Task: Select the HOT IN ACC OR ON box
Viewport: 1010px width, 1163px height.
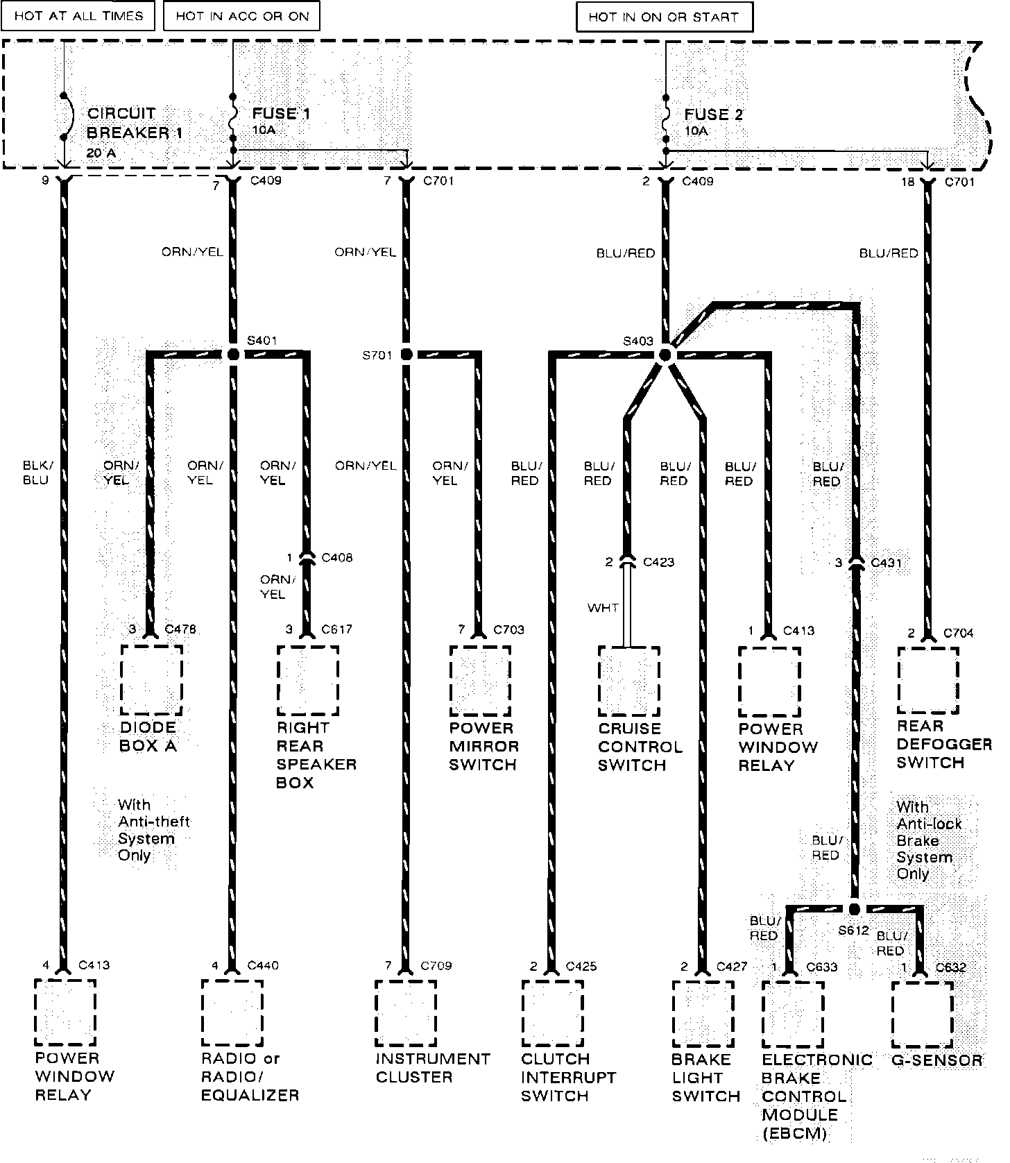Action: [x=241, y=16]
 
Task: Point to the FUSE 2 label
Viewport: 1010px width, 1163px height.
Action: [x=713, y=115]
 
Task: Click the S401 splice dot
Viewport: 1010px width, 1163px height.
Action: [x=233, y=355]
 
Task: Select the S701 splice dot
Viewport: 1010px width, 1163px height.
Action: [x=406, y=355]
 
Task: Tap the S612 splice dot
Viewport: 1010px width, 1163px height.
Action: [x=855, y=909]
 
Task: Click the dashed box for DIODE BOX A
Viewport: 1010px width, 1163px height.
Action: [x=152, y=680]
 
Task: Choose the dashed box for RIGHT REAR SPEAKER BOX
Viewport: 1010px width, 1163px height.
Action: [x=308, y=680]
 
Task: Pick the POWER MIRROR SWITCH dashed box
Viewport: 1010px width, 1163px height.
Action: [x=480, y=681]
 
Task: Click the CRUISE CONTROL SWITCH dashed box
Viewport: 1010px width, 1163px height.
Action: [x=629, y=681]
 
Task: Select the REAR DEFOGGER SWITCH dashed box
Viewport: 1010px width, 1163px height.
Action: [x=928, y=681]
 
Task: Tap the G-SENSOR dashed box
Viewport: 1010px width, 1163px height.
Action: [x=922, y=1014]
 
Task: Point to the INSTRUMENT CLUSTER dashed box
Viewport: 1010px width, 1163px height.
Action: [x=406, y=1013]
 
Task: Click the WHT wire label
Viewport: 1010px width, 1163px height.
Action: [x=603, y=608]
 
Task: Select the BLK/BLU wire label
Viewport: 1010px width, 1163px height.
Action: [x=37, y=472]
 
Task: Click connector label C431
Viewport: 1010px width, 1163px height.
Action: [x=887, y=562]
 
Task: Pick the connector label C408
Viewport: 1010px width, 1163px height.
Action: [x=337, y=557]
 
